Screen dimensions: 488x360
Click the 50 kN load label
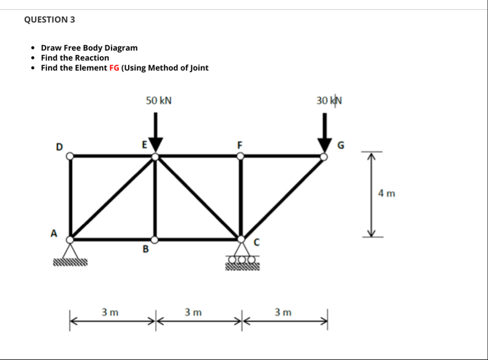[158, 100]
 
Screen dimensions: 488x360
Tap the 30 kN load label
[329, 100]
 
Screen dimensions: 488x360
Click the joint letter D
[59, 147]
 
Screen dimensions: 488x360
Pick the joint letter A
[54, 234]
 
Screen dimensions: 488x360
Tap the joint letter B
[145, 250]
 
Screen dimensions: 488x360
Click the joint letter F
[240, 145]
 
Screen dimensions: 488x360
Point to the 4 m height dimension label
[387, 194]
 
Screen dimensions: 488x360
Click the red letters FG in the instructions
[114, 68]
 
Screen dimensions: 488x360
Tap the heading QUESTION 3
[49, 19]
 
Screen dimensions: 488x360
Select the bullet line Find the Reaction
[75, 57]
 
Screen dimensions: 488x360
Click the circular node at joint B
[155, 239]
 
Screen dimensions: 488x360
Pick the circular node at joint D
[71, 157]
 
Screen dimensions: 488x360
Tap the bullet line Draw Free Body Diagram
[89, 47]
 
